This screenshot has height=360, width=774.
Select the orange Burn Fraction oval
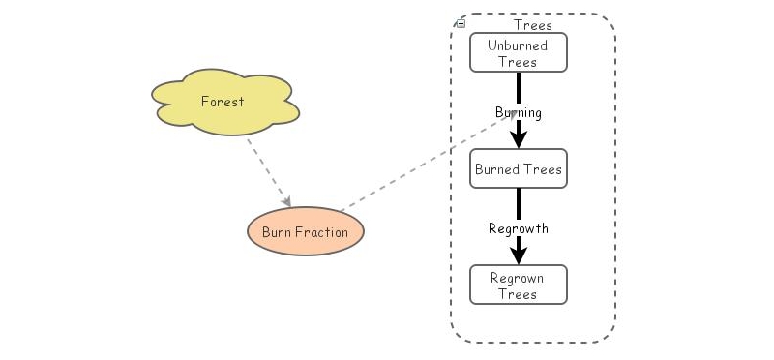[305, 232]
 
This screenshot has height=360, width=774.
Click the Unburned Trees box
[518, 52]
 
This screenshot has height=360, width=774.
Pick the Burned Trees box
[518, 169]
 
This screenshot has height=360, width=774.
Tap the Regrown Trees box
[518, 285]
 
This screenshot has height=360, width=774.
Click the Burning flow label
[519, 112]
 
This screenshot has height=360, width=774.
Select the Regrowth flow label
[519, 228]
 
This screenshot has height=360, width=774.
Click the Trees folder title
[532, 25]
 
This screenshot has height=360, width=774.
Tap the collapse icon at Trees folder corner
[461, 22]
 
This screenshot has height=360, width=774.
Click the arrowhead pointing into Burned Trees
[519, 139]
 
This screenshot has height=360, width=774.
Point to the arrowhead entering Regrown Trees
[519, 255]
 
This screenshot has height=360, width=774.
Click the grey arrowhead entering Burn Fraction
[286, 200]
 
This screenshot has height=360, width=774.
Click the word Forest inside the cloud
[223, 101]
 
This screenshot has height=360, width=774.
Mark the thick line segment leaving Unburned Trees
[519, 85]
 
